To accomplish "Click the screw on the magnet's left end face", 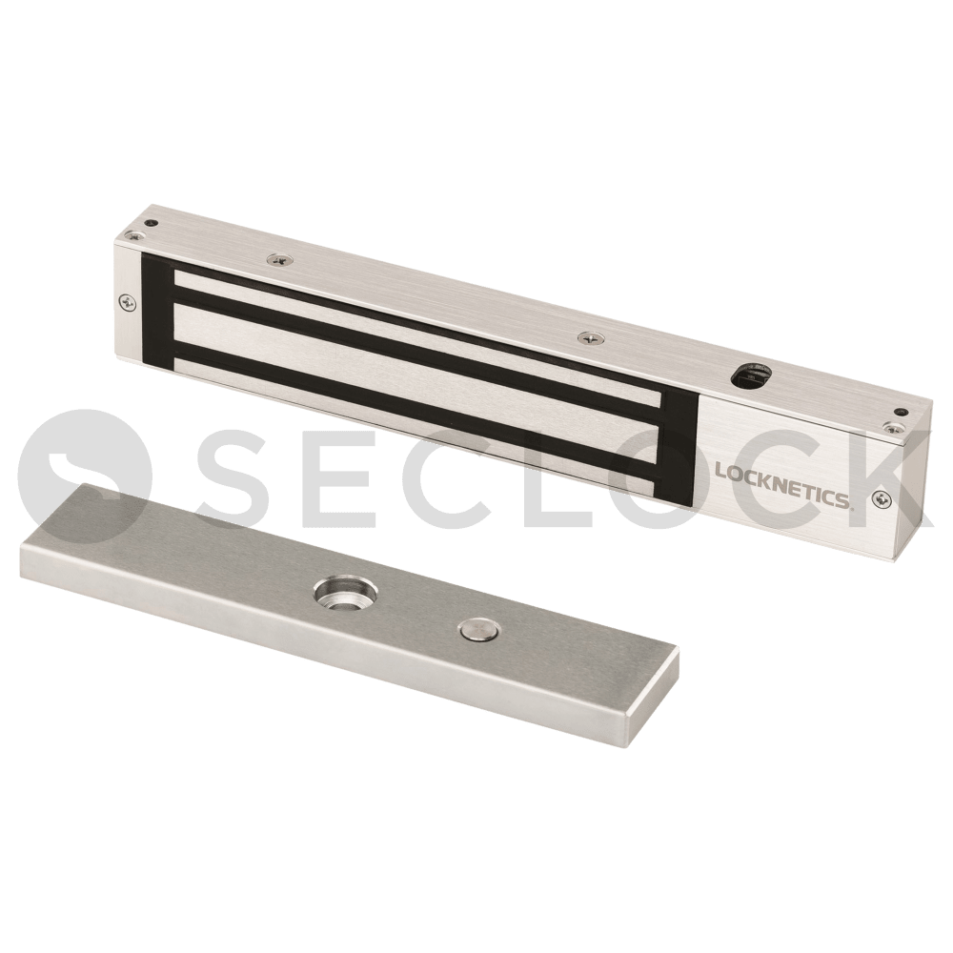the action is [126, 301].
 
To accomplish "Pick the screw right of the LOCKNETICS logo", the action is [879, 498].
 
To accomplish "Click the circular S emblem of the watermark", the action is [85, 476].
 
